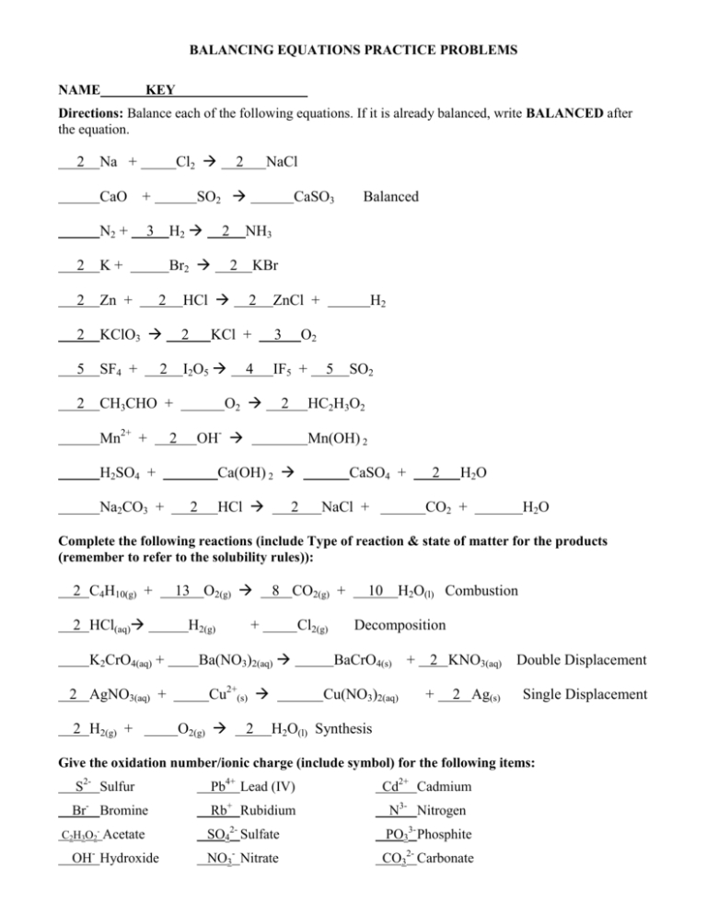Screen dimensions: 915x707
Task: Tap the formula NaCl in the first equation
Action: click(281, 162)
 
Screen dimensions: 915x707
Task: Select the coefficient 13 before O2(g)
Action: click(182, 591)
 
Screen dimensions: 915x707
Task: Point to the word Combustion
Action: click(487, 590)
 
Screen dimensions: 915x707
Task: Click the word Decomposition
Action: click(400, 626)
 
